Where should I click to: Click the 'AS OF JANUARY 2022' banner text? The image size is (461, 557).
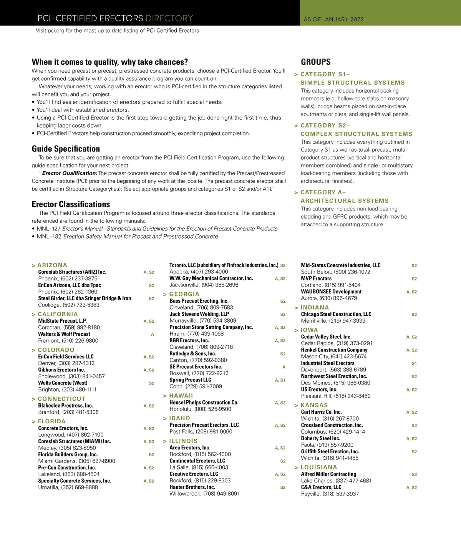pos(333,19)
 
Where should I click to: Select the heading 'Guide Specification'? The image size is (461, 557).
pos(66,149)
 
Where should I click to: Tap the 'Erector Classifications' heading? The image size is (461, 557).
pos(71,204)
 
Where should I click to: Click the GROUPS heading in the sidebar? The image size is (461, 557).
pos(316,62)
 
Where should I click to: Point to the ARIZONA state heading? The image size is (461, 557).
pos(52,265)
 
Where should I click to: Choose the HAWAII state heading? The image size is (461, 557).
pos(181,396)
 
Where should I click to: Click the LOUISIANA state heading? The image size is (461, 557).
pos(319,467)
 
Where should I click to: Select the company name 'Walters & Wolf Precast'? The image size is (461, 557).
pos(64,334)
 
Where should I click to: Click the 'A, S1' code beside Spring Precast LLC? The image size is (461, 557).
pos(280,380)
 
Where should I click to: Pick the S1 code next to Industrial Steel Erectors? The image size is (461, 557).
pos(414,363)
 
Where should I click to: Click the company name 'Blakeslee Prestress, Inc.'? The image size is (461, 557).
pos(65,406)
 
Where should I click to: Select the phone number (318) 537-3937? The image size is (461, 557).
pos(340,494)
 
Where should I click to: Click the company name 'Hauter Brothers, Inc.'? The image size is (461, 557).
pos(192,487)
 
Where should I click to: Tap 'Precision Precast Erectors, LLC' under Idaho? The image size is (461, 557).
pos(204,425)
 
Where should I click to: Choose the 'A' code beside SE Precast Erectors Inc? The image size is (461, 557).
pos(284,367)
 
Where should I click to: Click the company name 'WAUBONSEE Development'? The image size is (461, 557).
pos(331,292)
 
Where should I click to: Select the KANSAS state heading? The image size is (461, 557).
pos(314,405)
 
